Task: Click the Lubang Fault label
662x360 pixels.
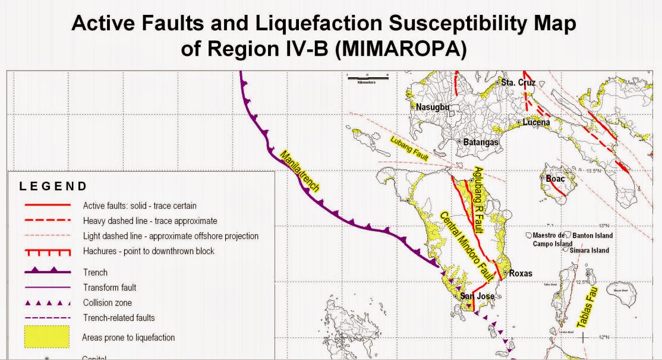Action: (x=409, y=147)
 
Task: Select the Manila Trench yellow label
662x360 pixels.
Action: (x=301, y=172)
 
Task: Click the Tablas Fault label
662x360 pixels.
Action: (x=585, y=302)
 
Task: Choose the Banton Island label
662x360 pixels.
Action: (x=591, y=236)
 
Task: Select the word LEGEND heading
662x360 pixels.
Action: (x=53, y=187)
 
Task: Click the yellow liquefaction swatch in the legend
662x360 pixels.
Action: (x=47, y=336)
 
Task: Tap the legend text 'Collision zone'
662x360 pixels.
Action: (x=108, y=302)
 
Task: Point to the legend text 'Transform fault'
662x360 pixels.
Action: (x=110, y=288)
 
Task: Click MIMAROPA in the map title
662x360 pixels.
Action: (x=402, y=49)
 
